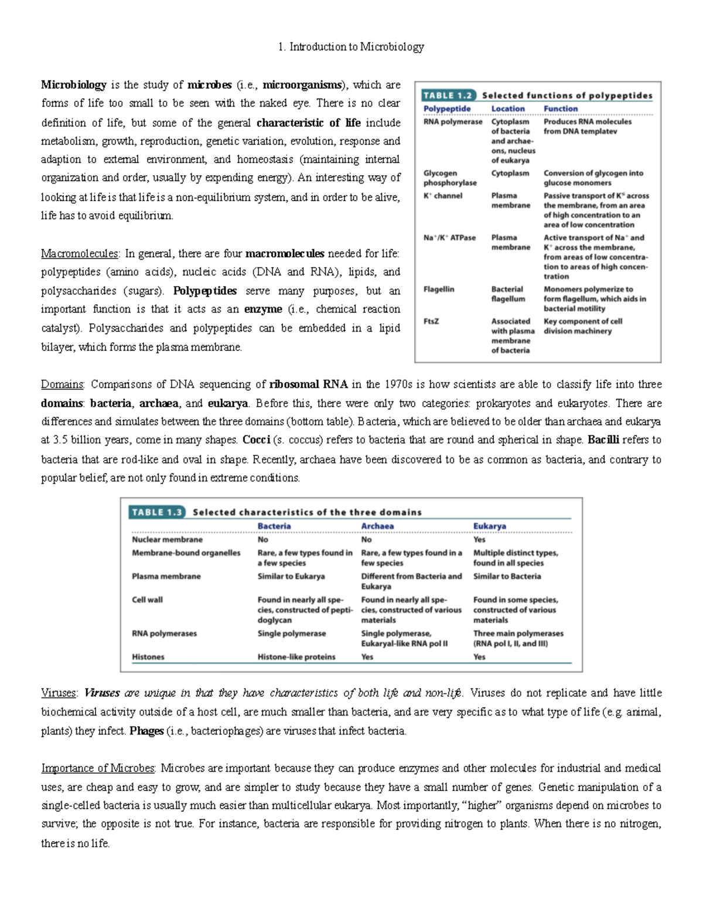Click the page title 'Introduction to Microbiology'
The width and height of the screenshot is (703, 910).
coord(356,47)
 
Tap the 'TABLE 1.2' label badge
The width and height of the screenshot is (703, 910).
coord(448,96)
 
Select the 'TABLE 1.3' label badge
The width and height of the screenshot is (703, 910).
coord(158,512)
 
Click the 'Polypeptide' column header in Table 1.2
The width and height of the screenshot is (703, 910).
coord(447,108)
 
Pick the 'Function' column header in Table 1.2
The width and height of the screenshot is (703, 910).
coord(560,108)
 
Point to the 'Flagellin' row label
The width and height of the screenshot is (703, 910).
coord(439,289)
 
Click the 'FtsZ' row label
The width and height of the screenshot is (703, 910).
coord(431,321)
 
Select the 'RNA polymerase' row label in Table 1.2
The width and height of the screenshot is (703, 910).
coord(453,122)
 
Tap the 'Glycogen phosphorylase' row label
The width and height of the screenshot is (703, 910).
coord(450,178)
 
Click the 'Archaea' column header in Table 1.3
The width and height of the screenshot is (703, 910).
coord(377,526)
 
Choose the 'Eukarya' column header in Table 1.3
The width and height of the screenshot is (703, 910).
coord(489,526)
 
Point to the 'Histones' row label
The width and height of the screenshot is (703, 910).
coord(148,657)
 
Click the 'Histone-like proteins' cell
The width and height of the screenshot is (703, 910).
coord(296,657)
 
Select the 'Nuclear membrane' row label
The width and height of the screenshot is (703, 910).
coord(167,540)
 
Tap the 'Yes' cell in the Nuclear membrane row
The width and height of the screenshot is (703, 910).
coord(479,540)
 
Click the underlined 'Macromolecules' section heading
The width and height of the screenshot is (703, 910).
coord(80,254)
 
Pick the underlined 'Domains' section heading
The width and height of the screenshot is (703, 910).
coord(62,384)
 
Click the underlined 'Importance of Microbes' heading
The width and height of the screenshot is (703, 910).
coord(98,768)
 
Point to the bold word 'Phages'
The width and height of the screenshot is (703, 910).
coord(146,731)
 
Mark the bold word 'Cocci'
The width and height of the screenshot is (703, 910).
coord(256,440)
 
